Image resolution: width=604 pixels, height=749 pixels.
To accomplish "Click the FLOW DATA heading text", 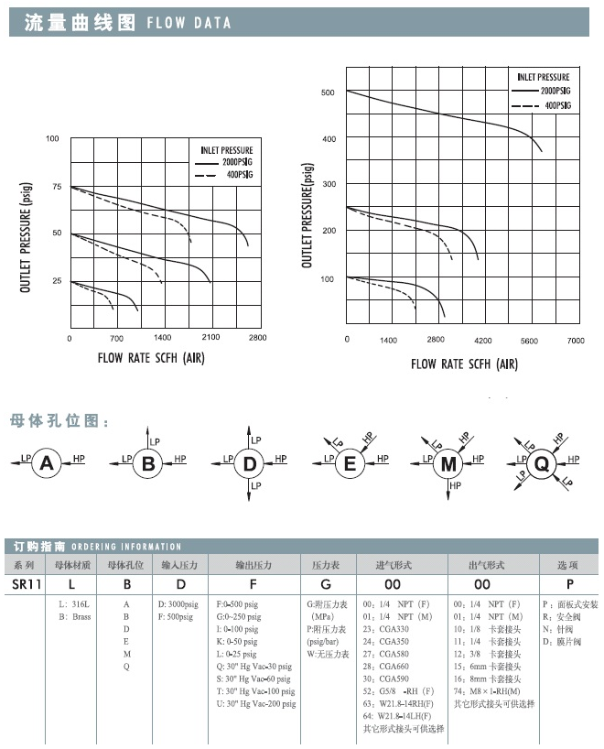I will (189, 23).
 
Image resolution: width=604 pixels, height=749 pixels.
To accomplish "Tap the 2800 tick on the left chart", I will (257, 338).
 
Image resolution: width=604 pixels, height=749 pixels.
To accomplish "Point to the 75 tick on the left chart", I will (56, 187).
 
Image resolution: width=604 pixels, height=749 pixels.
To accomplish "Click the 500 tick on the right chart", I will (329, 92).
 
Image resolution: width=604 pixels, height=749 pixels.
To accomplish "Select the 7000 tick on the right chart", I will (575, 340).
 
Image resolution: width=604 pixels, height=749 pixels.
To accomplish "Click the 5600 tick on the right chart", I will (529, 340).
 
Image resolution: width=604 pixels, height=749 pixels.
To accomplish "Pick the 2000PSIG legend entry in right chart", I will (555, 92).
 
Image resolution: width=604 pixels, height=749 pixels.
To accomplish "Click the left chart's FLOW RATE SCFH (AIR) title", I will (151, 357).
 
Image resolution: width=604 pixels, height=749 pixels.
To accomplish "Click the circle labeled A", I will (48, 464).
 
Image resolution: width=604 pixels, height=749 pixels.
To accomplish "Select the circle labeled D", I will (249, 464).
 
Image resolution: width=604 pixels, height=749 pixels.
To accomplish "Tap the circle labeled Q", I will (542, 464).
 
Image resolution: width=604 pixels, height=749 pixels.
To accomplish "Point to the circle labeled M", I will (449, 464).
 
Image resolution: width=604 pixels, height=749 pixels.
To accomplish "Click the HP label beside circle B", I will (180, 458).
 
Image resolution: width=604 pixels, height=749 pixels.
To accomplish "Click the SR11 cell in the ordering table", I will (26, 583).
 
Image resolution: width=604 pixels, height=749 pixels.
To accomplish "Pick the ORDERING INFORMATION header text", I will (125, 547).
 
